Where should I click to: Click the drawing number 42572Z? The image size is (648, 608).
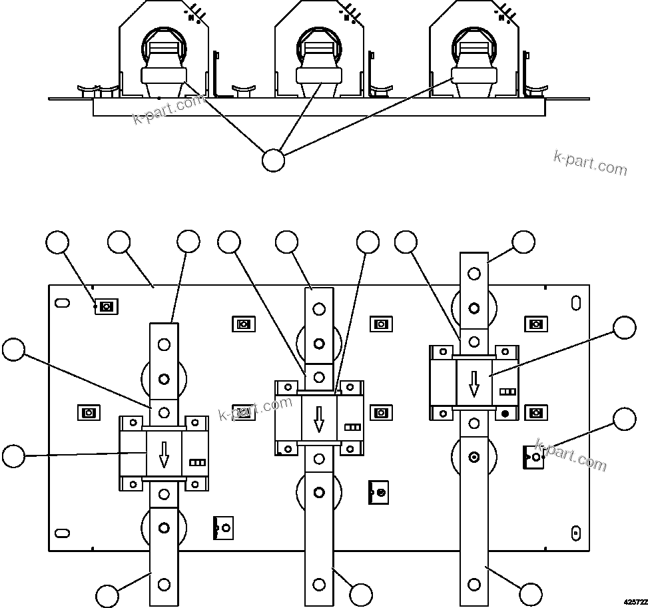(x=635, y=601)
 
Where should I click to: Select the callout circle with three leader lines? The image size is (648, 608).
(x=273, y=160)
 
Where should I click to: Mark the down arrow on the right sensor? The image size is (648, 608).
(x=474, y=384)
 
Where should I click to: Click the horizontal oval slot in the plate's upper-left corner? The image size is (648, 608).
(x=62, y=302)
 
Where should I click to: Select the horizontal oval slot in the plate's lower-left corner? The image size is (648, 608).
(x=62, y=533)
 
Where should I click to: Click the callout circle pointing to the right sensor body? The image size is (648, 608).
(x=624, y=328)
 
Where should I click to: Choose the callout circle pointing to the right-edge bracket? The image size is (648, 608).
(x=624, y=419)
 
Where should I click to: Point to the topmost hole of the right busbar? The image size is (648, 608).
(x=474, y=273)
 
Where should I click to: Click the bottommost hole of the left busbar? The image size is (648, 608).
(x=164, y=584)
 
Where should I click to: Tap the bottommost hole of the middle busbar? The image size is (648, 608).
(x=319, y=585)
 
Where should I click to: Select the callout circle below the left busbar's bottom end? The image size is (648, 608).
(x=107, y=595)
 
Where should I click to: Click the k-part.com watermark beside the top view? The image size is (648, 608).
(x=590, y=162)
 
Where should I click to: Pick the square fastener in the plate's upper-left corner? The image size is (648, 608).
(x=105, y=306)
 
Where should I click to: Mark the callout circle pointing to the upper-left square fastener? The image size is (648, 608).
(x=58, y=242)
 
